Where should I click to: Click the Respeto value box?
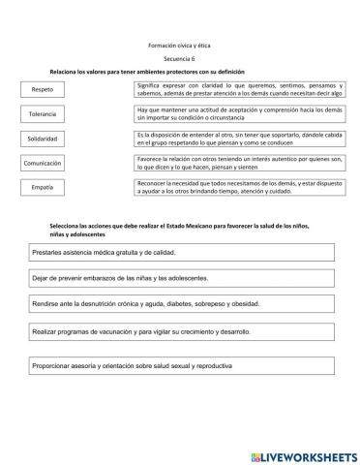43,90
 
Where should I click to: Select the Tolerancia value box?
43,114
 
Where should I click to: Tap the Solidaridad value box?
43,139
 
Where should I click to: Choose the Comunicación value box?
43,164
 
